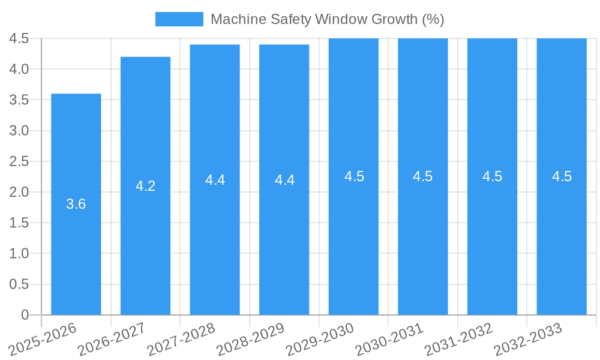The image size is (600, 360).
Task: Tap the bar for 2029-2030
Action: pyautogui.click(x=353, y=240)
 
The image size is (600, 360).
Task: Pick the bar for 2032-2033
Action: pyautogui.click(x=562, y=240)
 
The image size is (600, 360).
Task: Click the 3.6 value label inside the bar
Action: pyautogui.click(x=76, y=204)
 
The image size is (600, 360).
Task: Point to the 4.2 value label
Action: pyautogui.click(x=145, y=186)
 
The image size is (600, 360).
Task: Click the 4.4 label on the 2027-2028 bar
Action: pyautogui.click(x=215, y=180)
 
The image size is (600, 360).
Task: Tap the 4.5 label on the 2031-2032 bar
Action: pyautogui.click(x=492, y=176)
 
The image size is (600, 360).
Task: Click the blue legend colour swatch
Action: pyautogui.click(x=179, y=19)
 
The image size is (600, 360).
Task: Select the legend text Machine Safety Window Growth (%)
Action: pyautogui.click(x=327, y=19)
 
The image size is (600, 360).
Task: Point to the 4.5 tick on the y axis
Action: pyautogui.click(x=19, y=38)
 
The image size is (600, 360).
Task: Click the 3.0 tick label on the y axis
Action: pyautogui.click(x=19, y=131)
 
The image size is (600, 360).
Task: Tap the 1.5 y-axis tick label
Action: pyautogui.click(x=19, y=223)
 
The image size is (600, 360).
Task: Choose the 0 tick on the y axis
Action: pyautogui.click(x=25, y=315)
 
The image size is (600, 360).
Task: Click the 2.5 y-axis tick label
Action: pyautogui.click(x=19, y=161)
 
